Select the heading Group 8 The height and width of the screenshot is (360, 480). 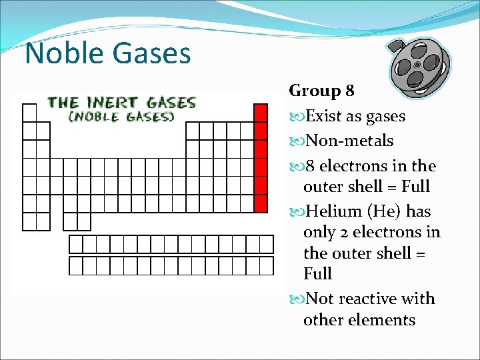pyautogui.click(x=322, y=91)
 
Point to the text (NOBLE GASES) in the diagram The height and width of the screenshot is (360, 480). pyautogui.click(x=121, y=116)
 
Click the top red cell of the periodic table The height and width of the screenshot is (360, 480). pyautogui.click(x=261, y=113)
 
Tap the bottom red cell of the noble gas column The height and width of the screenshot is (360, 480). pyautogui.click(x=261, y=203)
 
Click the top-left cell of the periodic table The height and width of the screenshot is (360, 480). pyautogui.click(x=29, y=113)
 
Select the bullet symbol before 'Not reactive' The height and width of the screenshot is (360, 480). pyautogui.click(x=297, y=299)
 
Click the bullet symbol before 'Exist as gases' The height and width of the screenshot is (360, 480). pyautogui.click(x=297, y=116)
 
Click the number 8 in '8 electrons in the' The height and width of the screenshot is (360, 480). pyautogui.click(x=309, y=166)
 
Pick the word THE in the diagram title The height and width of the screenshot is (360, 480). pyautogui.click(x=63, y=103)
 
